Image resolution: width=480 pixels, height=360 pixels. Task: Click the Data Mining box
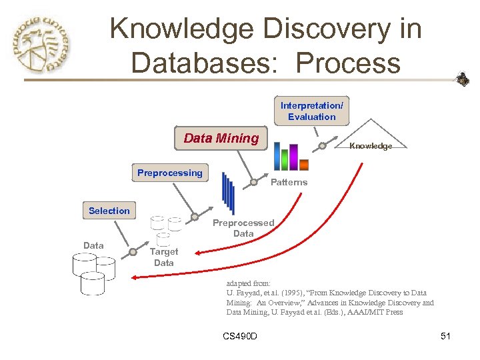click(221, 139)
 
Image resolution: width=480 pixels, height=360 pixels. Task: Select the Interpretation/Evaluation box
click(311, 111)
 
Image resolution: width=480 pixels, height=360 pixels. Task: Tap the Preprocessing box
click(169, 173)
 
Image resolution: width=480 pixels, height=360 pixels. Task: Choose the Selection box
click(109, 211)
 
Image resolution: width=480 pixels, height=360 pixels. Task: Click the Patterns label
click(289, 182)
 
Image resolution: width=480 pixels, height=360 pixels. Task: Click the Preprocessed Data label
click(243, 228)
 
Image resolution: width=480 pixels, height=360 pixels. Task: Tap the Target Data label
click(163, 257)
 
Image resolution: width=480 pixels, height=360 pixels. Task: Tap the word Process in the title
click(348, 63)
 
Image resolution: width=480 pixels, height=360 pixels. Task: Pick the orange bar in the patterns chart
click(304, 165)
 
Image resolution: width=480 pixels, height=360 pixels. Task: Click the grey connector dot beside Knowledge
click(322, 146)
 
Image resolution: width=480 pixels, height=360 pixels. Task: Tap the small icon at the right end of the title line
click(462, 80)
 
